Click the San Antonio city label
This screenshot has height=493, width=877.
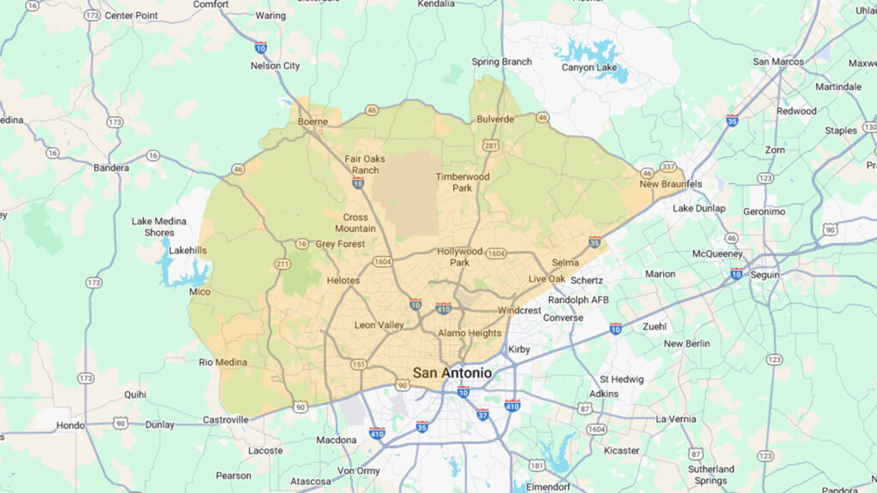[x=452, y=373]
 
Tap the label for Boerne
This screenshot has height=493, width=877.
[x=313, y=122]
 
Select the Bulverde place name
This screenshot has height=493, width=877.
[x=496, y=119]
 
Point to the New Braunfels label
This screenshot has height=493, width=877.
[x=671, y=184]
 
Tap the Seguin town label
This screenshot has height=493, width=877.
[x=765, y=275]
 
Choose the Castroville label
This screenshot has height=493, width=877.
[x=225, y=419]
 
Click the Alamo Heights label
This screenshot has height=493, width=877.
[x=469, y=332]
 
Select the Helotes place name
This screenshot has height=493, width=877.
[x=343, y=280]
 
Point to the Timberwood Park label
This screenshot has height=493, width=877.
[x=462, y=181]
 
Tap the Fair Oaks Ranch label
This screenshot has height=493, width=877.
[x=365, y=164]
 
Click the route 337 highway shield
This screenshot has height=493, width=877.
[x=668, y=166]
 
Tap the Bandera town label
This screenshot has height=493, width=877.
[x=111, y=168]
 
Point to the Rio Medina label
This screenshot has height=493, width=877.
[x=223, y=362]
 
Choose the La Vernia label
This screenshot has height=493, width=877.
[x=677, y=419]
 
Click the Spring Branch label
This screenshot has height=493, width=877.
[x=502, y=62]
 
